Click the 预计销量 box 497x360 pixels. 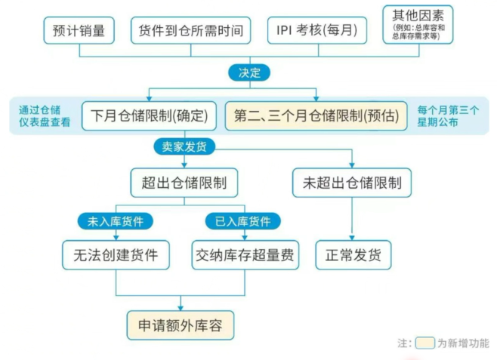79,31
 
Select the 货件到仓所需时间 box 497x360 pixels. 190,31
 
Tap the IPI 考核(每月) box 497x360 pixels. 316,31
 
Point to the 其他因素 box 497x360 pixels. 418,24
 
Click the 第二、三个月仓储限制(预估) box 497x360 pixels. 318,116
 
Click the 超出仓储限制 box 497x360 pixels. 178,183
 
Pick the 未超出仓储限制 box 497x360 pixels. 352,183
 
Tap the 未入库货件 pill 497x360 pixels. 116,221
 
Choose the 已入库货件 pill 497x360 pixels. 243,221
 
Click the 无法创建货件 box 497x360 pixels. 116,255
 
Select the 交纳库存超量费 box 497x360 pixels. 243,255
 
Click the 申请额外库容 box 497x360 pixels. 179,326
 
